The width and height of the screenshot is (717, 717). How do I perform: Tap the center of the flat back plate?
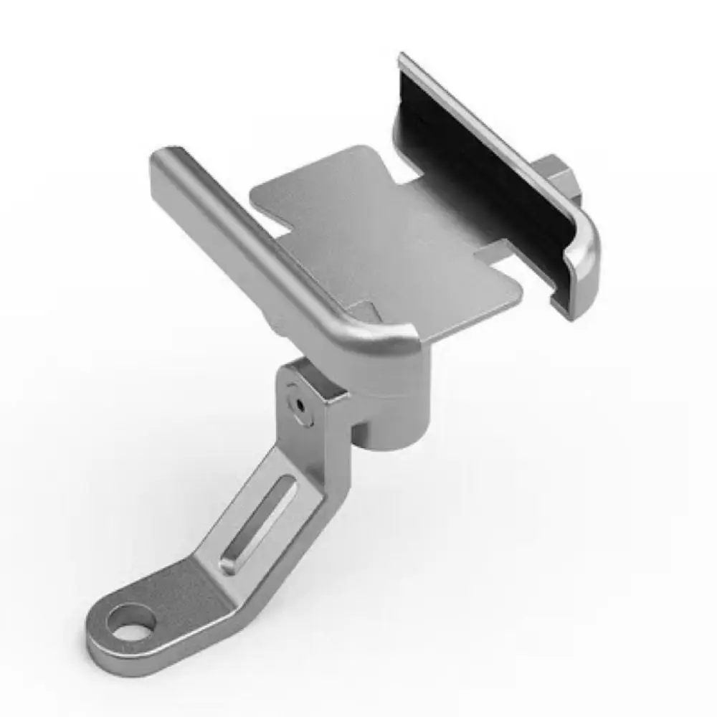[387, 237]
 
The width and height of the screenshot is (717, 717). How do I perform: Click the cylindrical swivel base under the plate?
[394, 416]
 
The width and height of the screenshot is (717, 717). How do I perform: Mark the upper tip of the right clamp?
[406, 61]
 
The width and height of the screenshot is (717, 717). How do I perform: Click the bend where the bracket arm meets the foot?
[215, 574]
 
